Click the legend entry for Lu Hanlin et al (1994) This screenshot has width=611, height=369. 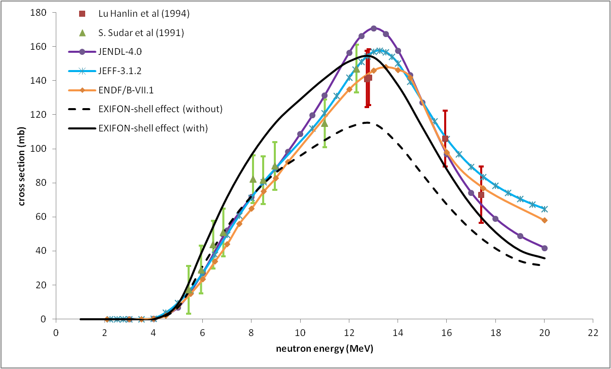144,14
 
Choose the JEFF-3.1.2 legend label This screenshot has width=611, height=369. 120,70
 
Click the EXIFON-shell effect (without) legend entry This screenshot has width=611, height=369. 160,108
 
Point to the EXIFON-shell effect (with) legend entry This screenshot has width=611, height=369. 153,128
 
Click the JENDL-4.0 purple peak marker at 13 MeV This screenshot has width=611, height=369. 374,28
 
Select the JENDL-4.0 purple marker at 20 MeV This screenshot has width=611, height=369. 545,248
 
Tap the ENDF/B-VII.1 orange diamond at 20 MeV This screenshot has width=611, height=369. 544,220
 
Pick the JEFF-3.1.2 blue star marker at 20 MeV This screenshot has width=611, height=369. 545,209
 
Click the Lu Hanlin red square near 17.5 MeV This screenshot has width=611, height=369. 481,195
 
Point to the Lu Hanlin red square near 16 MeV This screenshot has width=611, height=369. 445,139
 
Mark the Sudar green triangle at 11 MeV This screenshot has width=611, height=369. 325,123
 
